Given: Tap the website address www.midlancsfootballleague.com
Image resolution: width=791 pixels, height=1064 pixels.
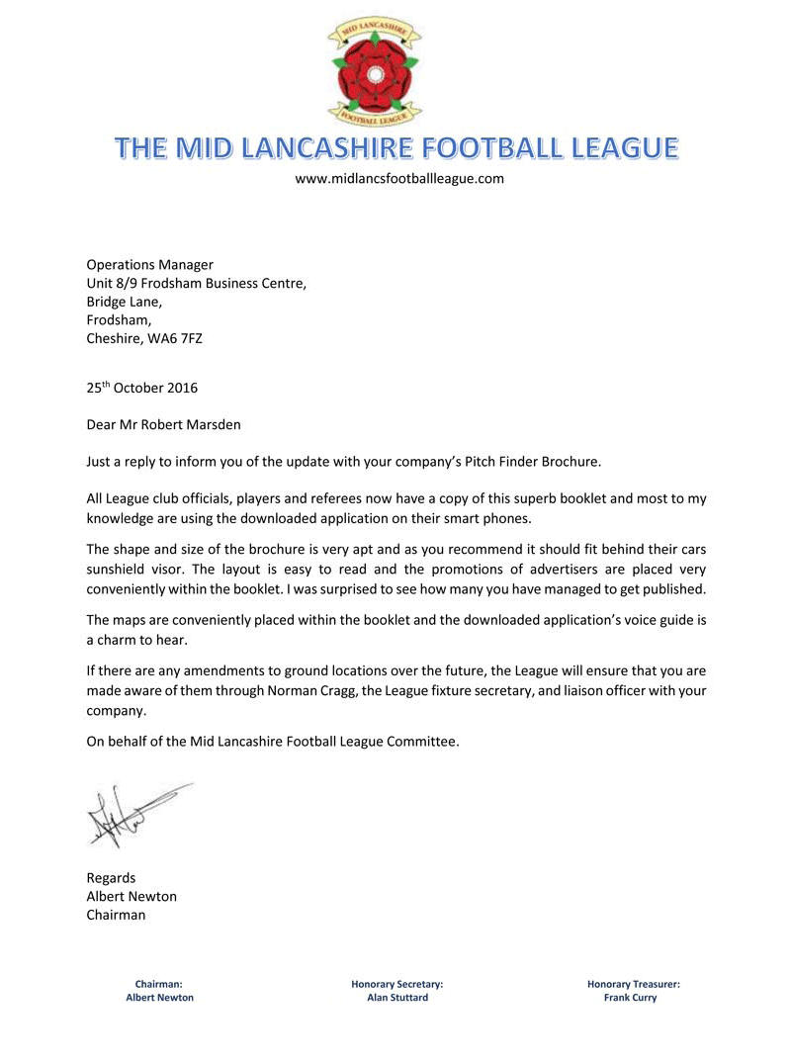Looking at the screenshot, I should (400, 179).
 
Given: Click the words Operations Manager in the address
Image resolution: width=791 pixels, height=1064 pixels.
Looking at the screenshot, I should (150, 264).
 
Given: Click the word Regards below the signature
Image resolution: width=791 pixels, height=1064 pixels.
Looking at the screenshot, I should (112, 878).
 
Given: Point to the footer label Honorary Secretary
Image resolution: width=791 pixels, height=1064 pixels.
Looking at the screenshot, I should (396, 984).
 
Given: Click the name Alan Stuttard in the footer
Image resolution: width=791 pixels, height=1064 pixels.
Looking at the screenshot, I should (396, 998).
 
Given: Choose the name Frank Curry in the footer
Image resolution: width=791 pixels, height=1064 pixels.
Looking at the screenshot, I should (631, 998).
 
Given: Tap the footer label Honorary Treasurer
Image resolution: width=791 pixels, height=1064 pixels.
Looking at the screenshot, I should (633, 984).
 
